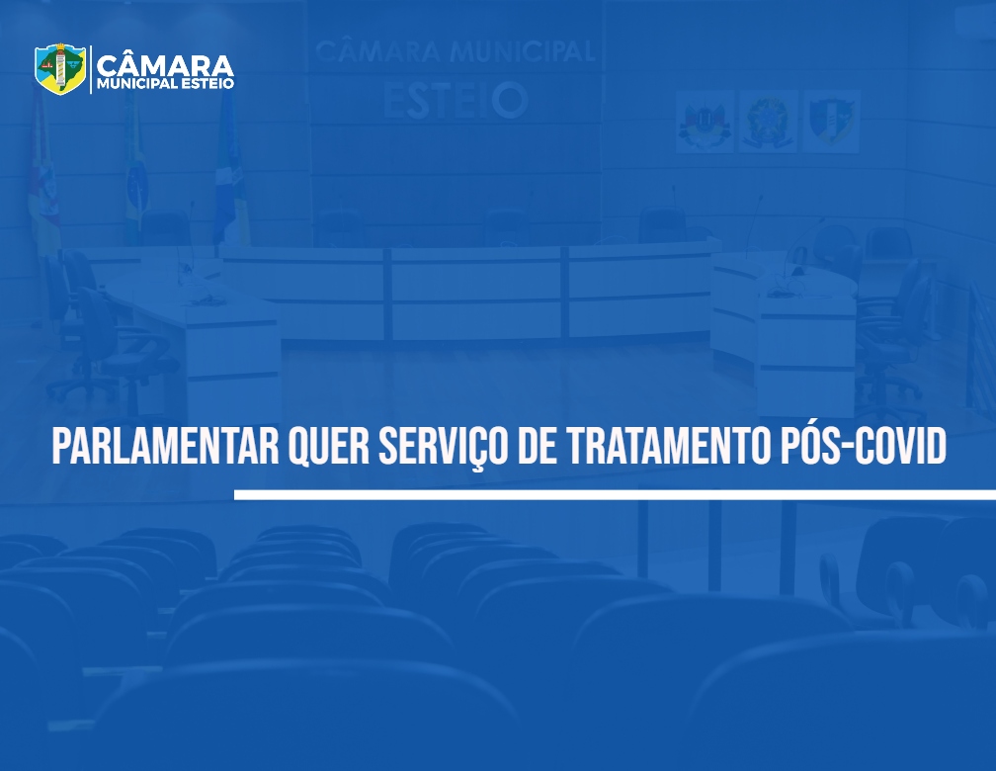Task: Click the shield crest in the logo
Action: [x=60, y=68]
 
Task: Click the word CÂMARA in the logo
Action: [x=165, y=64]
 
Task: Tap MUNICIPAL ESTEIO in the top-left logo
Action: [x=165, y=83]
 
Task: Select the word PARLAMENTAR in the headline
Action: [x=165, y=446]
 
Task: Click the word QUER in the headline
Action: [x=328, y=448]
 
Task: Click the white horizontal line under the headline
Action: [x=615, y=494]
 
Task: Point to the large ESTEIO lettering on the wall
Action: [x=456, y=101]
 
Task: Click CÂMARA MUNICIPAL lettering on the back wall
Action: [x=455, y=50]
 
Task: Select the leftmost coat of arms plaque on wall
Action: [x=705, y=121]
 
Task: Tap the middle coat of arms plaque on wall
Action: [x=768, y=121]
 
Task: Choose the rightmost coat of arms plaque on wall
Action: [x=831, y=121]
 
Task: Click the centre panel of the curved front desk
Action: [x=476, y=293]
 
